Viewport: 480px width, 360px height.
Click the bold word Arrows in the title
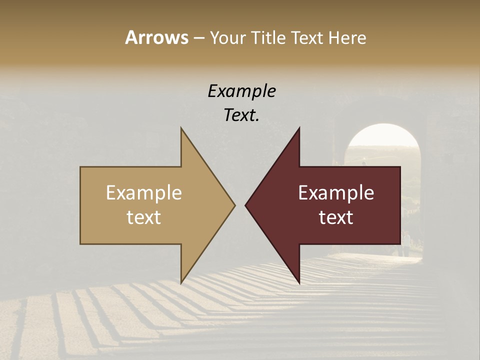(x=156, y=38)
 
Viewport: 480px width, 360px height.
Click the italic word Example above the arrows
(x=241, y=91)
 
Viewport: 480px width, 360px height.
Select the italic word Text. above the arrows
(x=241, y=115)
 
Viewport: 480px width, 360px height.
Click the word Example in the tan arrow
(x=144, y=193)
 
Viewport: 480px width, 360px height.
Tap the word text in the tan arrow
(x=144, y=217)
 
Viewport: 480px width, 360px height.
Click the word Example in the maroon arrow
(x=336, y=193)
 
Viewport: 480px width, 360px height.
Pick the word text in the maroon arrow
(x=336, y=217)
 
